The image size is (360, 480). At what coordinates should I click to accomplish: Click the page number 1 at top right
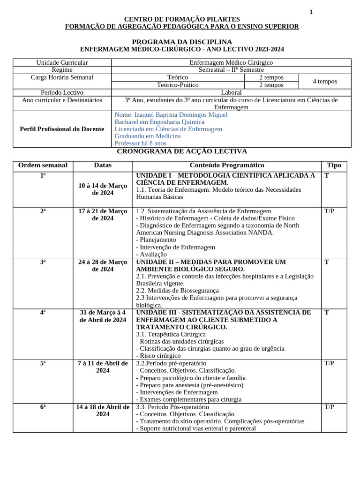point(311,12)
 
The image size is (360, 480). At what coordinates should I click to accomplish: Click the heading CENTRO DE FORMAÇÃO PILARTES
point(182,19)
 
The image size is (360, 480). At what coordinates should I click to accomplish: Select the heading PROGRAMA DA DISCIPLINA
point(182,42)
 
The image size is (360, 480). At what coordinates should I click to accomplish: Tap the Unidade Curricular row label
point(62,62)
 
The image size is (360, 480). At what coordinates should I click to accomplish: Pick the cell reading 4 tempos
point(324,81)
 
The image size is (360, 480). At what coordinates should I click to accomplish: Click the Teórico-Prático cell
point(178,85)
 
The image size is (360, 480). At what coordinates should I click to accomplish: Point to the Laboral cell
point(231,92)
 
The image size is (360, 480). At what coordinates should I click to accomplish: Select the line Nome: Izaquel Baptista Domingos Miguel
point(171,115)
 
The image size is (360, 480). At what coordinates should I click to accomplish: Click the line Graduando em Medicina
point(148,136)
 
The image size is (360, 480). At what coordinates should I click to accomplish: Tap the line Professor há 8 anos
point(141,143)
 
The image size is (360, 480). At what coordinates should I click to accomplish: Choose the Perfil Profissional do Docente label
point(62,129)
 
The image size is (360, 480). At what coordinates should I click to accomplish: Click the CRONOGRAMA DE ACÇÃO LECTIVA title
point(182,151)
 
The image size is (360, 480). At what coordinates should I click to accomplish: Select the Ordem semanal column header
point(43,165)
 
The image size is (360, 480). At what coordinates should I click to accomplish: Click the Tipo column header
point(334,165)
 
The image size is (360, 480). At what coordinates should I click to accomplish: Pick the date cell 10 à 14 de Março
point(103,189)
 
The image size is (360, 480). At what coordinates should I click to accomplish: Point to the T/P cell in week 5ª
point(329,363)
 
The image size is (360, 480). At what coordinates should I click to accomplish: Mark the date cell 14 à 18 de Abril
point(103,411)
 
